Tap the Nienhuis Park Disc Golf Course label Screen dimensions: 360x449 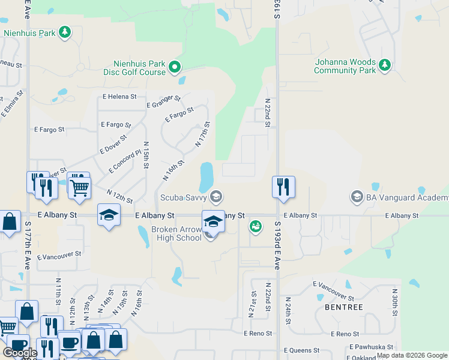click(140, 68)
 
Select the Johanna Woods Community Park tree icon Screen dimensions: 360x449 click(385, 65)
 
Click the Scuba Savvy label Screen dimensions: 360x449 click(184, 197)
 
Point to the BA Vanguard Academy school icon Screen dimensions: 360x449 click(357, 197)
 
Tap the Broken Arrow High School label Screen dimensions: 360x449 click(176, 233)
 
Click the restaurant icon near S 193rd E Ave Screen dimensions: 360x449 click(282, 187)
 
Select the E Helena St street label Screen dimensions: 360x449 click(119, 96)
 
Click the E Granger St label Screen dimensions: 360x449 click(163, 101)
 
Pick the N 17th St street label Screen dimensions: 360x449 click(202, 134)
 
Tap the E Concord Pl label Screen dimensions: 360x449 click(125, 161)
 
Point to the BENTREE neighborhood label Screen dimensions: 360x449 click(343, 307)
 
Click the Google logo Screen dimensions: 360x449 click(20, 353)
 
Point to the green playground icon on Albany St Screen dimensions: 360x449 click(256, 226)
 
